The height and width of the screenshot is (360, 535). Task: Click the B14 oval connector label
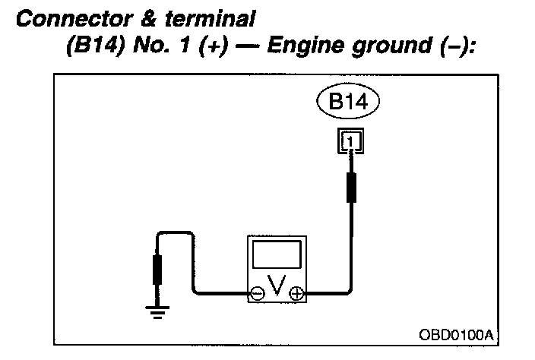pos(347,103)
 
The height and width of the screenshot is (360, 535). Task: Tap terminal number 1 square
pos(348,140)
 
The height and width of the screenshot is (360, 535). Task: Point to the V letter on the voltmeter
pos(277,289)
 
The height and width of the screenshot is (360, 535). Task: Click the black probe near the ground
pos(158,269)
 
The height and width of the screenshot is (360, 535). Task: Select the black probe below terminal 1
pos(350,188)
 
